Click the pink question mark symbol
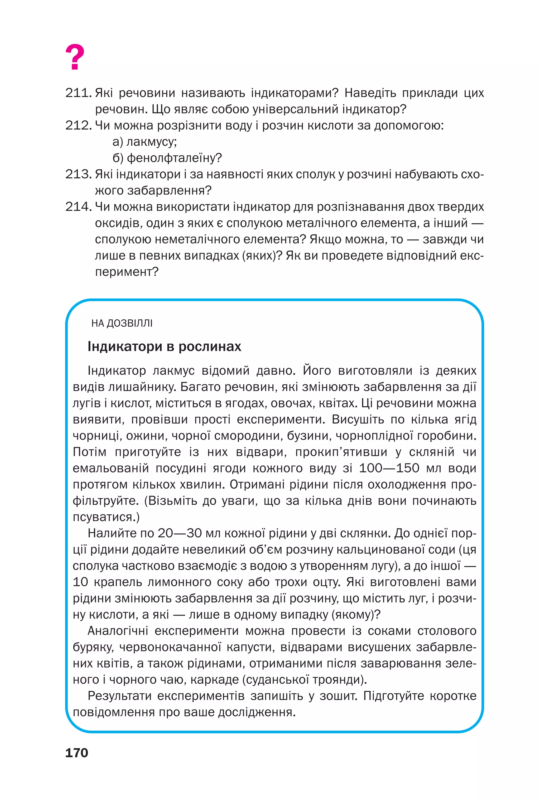75,57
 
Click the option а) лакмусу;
144,142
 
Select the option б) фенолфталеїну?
167,158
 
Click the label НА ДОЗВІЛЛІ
122,323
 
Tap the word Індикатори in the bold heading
125,346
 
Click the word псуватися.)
106,517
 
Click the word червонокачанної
170,647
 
